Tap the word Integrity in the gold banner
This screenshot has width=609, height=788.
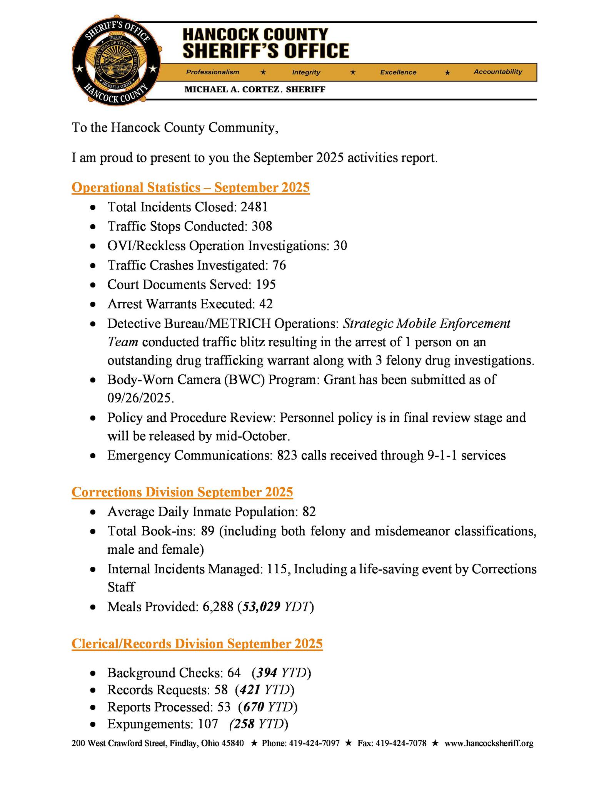tap(306, 72)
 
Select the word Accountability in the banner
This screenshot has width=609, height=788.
tap(497, 72)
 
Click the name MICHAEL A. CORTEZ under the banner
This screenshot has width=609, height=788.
tap(232, 90)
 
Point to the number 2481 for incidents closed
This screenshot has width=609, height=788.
tap(254, 207)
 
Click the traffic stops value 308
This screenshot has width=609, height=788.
tap(262, 227)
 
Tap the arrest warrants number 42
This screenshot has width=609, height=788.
tap(266, 304)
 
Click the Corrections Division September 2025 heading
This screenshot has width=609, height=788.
tap(182, 492)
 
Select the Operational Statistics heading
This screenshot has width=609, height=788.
tap(190, 188)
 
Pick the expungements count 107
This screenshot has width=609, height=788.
tap(208, 724)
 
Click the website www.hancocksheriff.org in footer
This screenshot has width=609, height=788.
tap(489, 743)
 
